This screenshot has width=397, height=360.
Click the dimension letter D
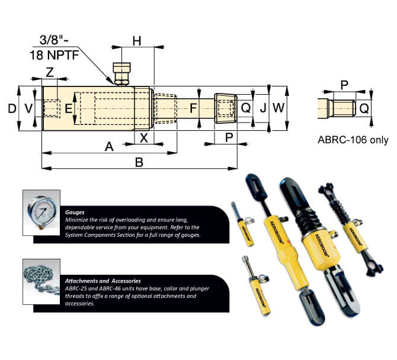pos(11,108)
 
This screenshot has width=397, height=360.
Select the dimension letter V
pos(27,108)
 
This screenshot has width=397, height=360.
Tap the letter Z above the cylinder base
pos(50,72)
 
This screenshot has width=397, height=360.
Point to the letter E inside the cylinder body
pos(68,108)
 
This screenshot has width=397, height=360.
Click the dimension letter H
pos(137,41)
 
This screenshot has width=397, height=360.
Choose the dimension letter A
pos(109,146)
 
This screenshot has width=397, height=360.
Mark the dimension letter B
pos(139,162)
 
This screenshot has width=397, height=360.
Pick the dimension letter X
pos(143,137)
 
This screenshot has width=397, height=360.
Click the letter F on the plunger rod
pos(193,108)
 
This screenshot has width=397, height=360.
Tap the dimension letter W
pos(279,108)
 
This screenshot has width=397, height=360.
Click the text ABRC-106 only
pos(353,140)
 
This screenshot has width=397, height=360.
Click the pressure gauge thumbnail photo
pos(40,211)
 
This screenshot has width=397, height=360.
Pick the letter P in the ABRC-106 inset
pos(344,85)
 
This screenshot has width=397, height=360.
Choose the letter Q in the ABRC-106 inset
pos(365,108)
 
